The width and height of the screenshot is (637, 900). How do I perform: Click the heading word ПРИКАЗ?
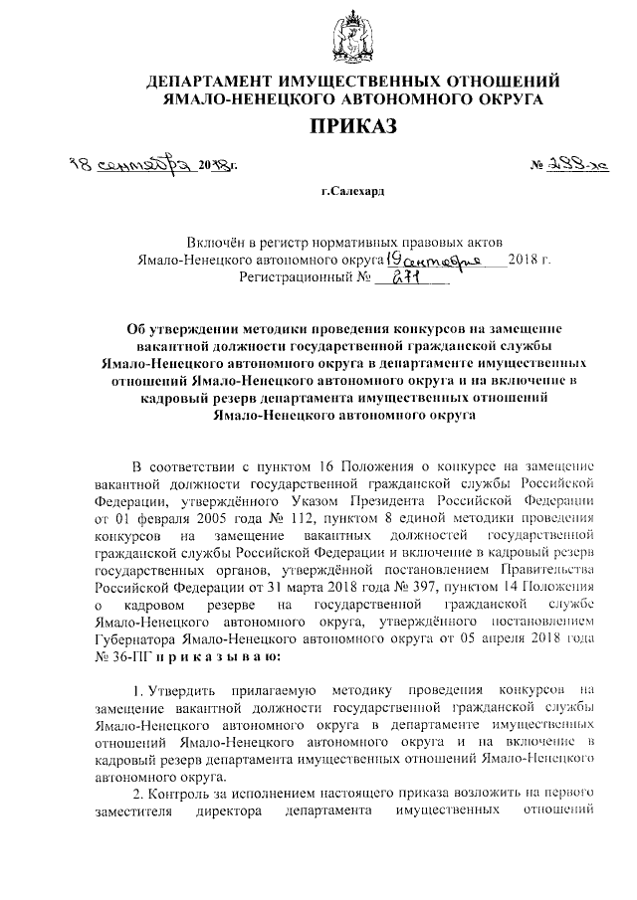pos(352,125)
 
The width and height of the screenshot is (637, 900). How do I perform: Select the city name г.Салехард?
pos(353,188)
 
